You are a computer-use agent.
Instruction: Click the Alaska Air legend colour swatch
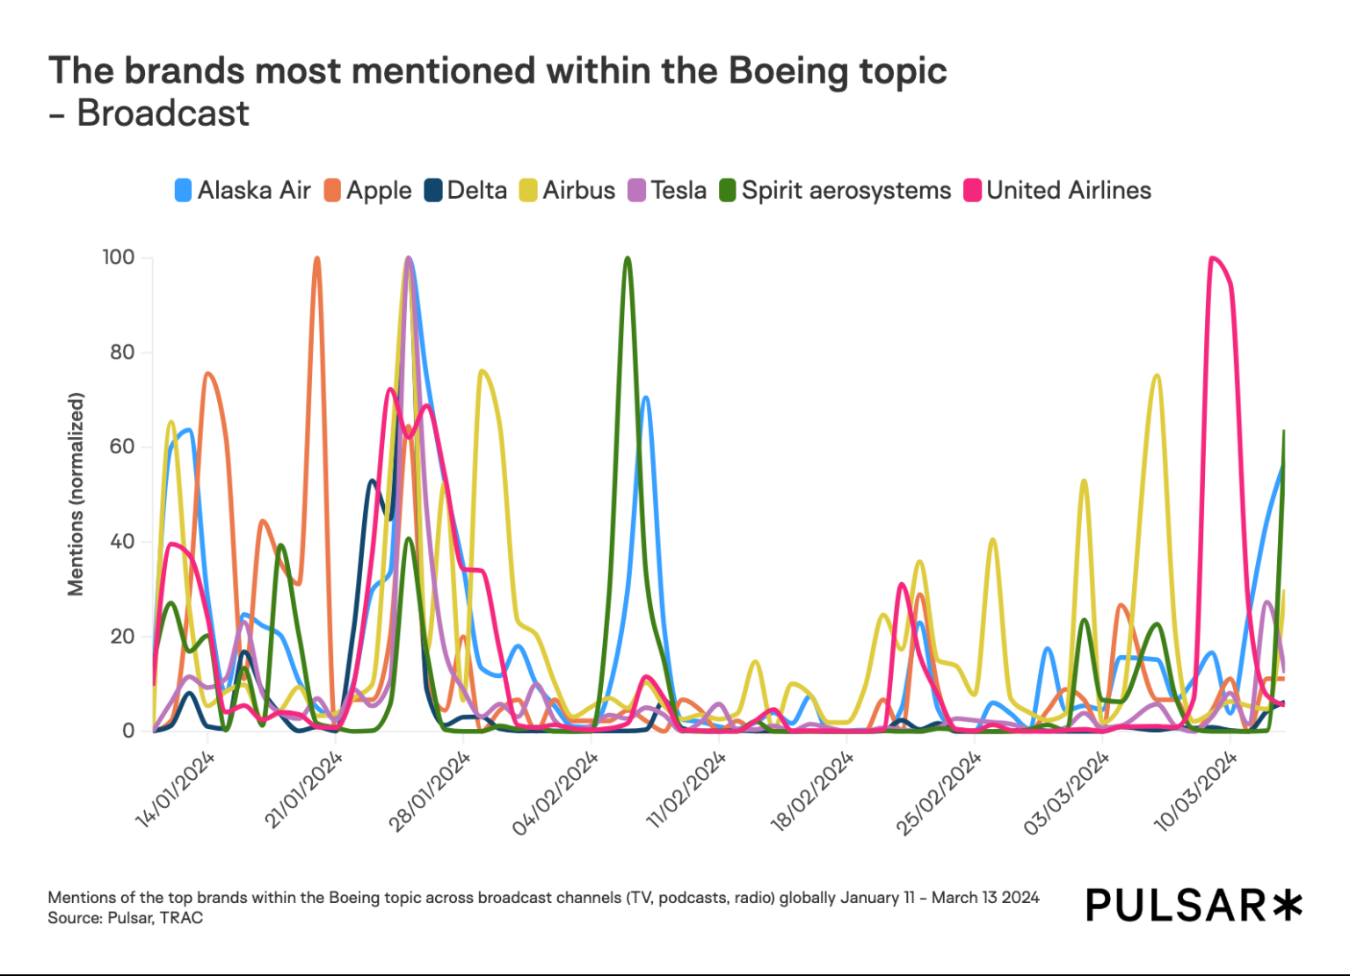pos(183,191)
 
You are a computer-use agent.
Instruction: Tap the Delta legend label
pos(476,191)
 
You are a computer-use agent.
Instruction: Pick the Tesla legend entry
pos(678,191)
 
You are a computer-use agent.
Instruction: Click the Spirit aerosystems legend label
pos(846,191)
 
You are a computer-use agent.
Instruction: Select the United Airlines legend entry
pos(1068,191)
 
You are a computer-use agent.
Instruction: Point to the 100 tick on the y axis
pos(119,258)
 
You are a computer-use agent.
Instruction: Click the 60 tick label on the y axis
pos(122,447)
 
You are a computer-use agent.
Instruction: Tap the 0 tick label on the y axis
pos(128,731)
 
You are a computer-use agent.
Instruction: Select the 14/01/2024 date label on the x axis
pos(176,790)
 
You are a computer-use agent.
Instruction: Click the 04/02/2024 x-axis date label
pos(555,793)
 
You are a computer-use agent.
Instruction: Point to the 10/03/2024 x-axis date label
pos(1195,791)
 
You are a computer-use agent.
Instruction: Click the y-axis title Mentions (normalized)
pos(76,494)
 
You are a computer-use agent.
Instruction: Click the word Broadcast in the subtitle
pos(163,113)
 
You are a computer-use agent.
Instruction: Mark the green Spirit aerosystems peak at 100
pos(627,259)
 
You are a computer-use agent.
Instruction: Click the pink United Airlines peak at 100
pos(1213,259)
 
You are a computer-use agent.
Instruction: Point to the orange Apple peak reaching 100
pos(317,259)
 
